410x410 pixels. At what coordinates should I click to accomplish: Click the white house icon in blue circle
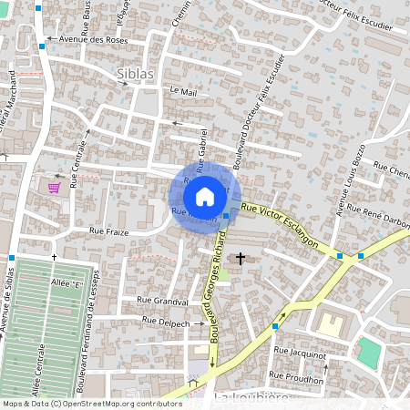pyautogui.click(x=205, y=196)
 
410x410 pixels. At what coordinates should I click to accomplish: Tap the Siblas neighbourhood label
pyautogui.click(x=136, y=73)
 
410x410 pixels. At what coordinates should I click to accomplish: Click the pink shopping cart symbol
pyautogui.click(x=55, y=188)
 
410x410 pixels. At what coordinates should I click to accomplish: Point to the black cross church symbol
pyautogui.click(x=241, y=259)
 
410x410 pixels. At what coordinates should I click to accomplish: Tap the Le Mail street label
pyautogui.click(x=183, y=91)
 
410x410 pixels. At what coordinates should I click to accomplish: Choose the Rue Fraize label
pyautogui.click(x=109, y=232)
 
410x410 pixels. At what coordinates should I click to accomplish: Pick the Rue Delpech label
pyautogui.click(x=163, y=323)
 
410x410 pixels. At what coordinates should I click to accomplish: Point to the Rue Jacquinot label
pyautogui.click(x=300, y=350)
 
